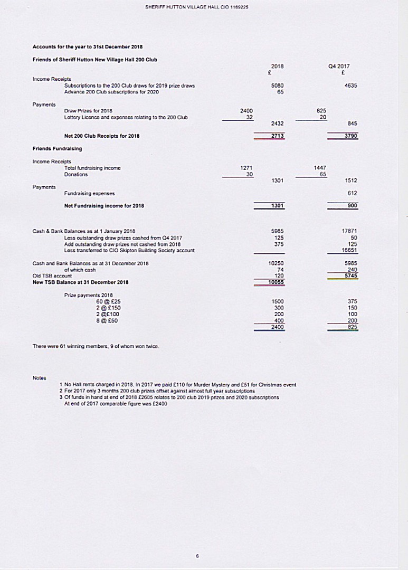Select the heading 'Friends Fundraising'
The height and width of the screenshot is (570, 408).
click(x=57, y=149)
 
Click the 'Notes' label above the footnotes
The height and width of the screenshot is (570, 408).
click(x=40, y=378)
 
